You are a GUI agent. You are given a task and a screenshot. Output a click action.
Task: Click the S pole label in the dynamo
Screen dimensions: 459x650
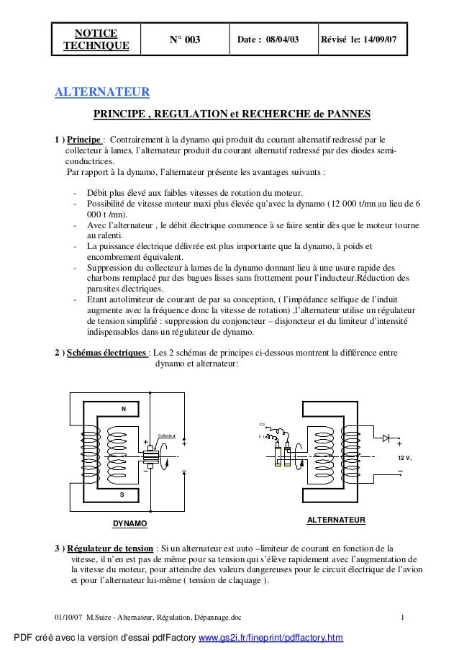pos(122,495)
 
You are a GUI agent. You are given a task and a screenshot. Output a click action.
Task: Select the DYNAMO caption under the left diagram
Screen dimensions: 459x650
pos(130,523)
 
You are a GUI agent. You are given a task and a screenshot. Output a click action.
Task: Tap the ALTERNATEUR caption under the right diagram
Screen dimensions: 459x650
pos(336,519)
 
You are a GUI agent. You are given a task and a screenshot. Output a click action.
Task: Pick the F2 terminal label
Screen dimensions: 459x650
pos(262,424)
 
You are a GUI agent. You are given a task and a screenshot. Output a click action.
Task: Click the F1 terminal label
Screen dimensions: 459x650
pos(262,437)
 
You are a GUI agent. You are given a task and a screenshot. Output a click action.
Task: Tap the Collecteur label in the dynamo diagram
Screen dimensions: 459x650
pos(167,435)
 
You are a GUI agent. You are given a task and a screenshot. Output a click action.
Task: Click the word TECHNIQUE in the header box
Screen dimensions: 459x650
pos(97,46)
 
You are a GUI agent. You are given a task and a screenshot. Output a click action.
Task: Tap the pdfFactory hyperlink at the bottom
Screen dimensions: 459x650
pos(271,638)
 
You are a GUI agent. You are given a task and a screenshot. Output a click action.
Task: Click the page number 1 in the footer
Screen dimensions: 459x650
pos(404,618)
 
